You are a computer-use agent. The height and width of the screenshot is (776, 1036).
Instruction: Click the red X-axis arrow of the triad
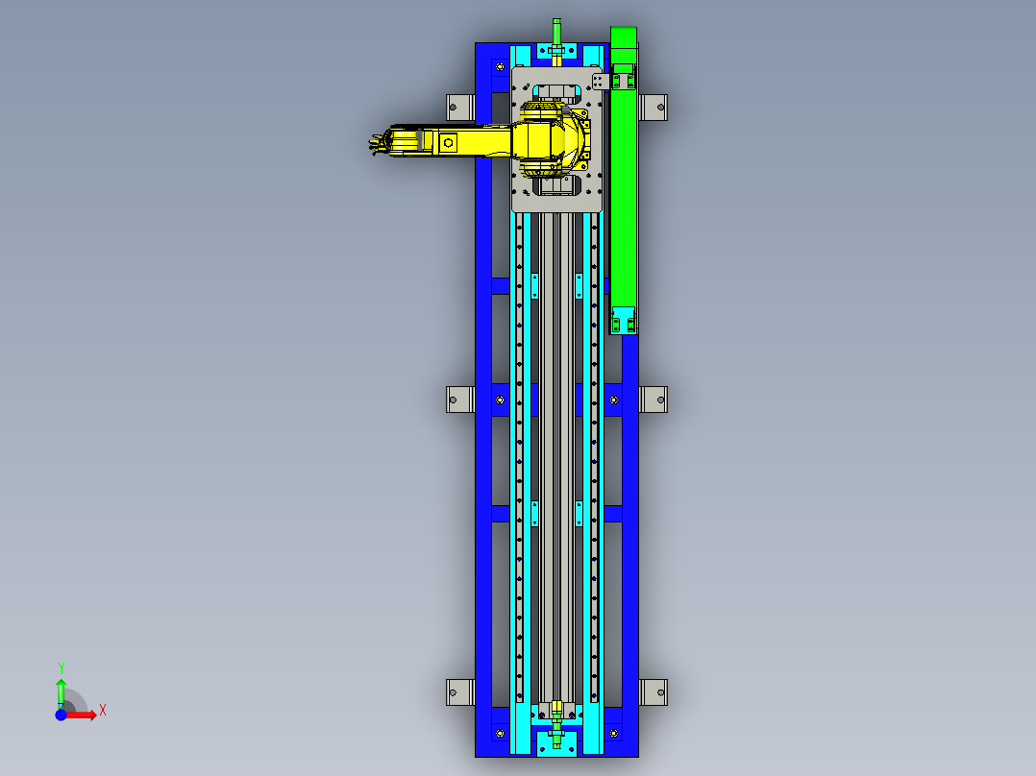pos(83,715)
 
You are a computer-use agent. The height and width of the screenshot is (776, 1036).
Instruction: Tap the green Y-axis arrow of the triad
pos(61,692)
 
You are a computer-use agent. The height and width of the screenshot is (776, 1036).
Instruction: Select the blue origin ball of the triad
pos(62,715)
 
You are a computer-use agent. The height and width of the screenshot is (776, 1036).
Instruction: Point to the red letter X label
pos(102,710)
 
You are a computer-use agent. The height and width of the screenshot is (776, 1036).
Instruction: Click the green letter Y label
pos(61,667)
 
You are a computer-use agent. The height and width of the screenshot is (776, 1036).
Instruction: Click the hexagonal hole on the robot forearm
pos(449,143)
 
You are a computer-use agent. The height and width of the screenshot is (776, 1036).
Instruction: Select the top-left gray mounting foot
pos(460,107)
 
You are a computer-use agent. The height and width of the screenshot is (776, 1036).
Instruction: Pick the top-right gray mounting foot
pos(654,107)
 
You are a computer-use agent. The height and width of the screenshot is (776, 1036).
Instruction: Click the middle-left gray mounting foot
pos(460,399)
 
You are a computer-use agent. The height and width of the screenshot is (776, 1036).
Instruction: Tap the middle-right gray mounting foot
pos(654,399)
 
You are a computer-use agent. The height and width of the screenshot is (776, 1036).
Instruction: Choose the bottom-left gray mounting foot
pos(460,691)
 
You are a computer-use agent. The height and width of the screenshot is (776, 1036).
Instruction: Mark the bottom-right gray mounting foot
pos(654,691)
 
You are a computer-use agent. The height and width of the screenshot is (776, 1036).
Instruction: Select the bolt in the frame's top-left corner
pos(499,66)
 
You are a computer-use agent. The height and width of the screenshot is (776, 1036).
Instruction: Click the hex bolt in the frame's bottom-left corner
pos(499,734)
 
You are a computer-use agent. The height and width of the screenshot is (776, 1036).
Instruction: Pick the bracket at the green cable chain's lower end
pos(624,321)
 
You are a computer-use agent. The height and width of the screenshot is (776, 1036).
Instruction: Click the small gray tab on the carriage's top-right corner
pos(600,81)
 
